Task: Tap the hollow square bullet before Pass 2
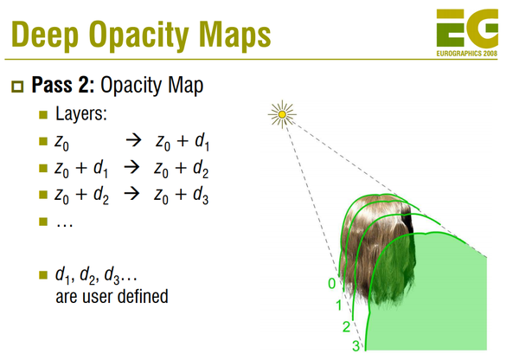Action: coord(16,86)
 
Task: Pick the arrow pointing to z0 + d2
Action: coord(132,169)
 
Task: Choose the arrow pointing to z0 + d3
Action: coord(132,196)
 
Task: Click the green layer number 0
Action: coord(330,283)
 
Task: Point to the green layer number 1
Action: coord(339,305)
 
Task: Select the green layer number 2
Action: coord(347,326)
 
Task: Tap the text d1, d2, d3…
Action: coord(95,276)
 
